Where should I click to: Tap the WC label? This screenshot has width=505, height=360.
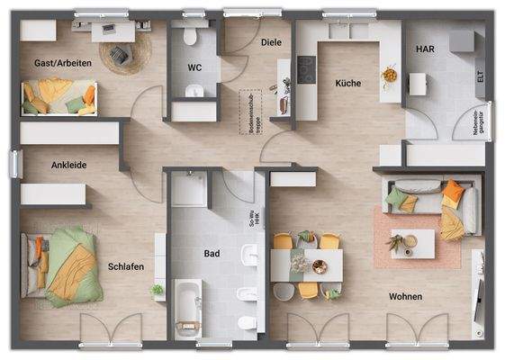coord(194,67)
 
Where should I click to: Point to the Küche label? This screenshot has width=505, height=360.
coord(347,83)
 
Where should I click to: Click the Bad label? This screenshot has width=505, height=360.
coord(212,255)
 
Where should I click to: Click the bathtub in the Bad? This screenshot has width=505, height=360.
coord(188,303)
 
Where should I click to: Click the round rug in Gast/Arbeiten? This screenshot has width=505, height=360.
coord(120,58)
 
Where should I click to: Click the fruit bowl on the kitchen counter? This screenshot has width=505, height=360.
coord(389,75)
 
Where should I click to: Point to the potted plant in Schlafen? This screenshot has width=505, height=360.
coord(158,291)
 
